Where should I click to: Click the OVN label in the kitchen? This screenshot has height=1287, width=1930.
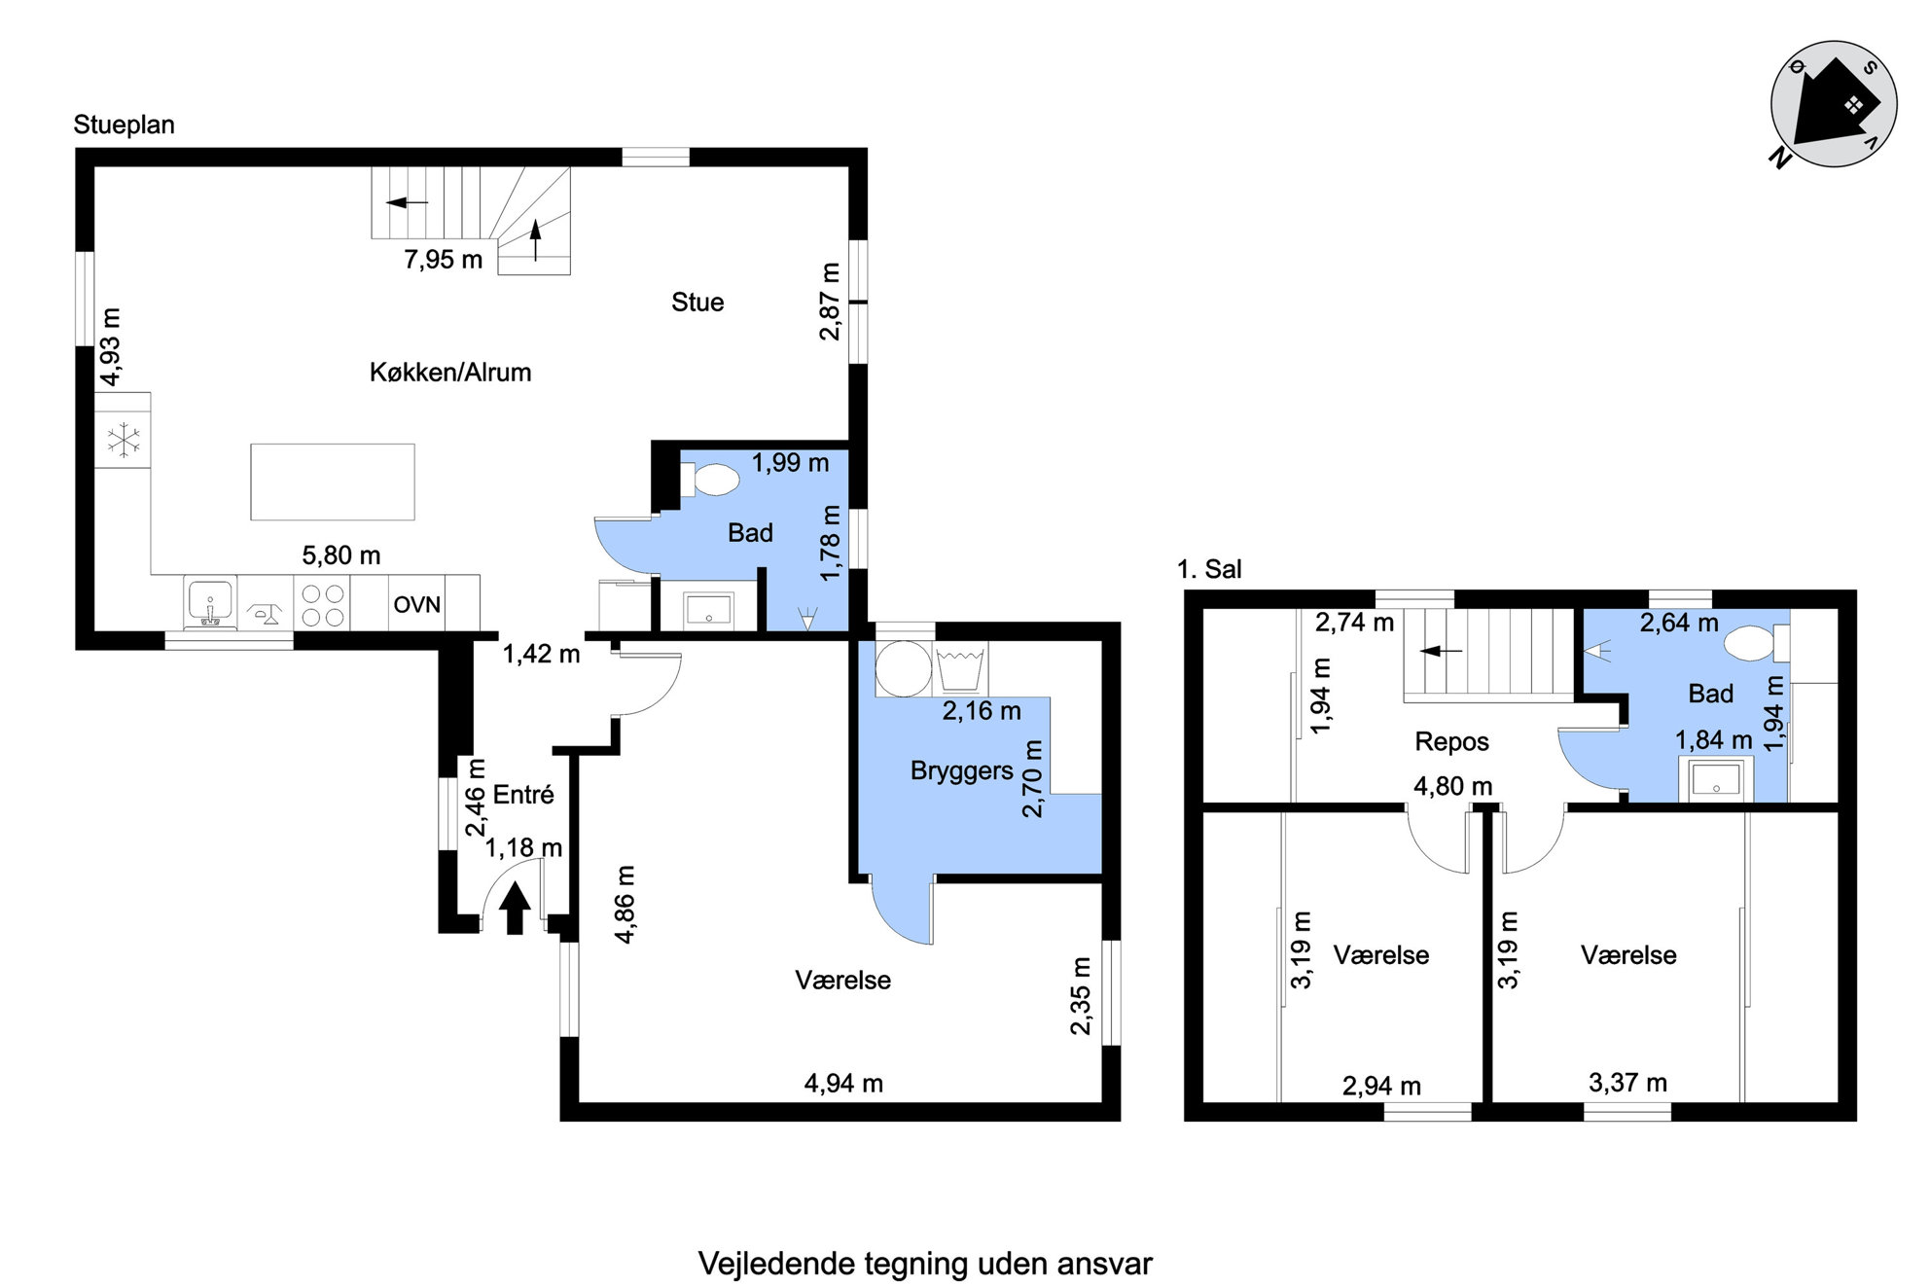[416, 604]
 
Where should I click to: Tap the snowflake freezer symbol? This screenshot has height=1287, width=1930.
[124, 440]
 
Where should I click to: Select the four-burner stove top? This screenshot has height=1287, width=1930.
[322, 604]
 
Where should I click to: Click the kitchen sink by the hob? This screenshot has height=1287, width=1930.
[210, 603]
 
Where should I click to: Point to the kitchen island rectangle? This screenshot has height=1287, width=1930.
[333, 482]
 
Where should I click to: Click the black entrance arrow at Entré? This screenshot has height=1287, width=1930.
[515, 908]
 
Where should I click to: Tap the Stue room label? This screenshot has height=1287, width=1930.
[697, 302]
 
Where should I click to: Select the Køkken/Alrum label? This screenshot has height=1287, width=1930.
[450, 372]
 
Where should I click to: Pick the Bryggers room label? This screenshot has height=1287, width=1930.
[961, 770]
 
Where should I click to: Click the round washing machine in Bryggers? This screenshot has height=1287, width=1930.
[903, 668]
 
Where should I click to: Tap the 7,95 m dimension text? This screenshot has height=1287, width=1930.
[444, 260]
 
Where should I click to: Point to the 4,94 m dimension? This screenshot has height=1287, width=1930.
[843, 1083]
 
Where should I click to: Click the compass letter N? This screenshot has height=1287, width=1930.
[1780, 157]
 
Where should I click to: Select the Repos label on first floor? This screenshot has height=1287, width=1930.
[1451, 741]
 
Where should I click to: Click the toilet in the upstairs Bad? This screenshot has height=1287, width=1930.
[1757, 643]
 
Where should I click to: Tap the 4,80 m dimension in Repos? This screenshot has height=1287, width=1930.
[1452, 786]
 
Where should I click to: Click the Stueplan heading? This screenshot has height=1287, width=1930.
[124, 125]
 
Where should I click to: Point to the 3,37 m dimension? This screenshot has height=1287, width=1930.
[1627, 1082]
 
